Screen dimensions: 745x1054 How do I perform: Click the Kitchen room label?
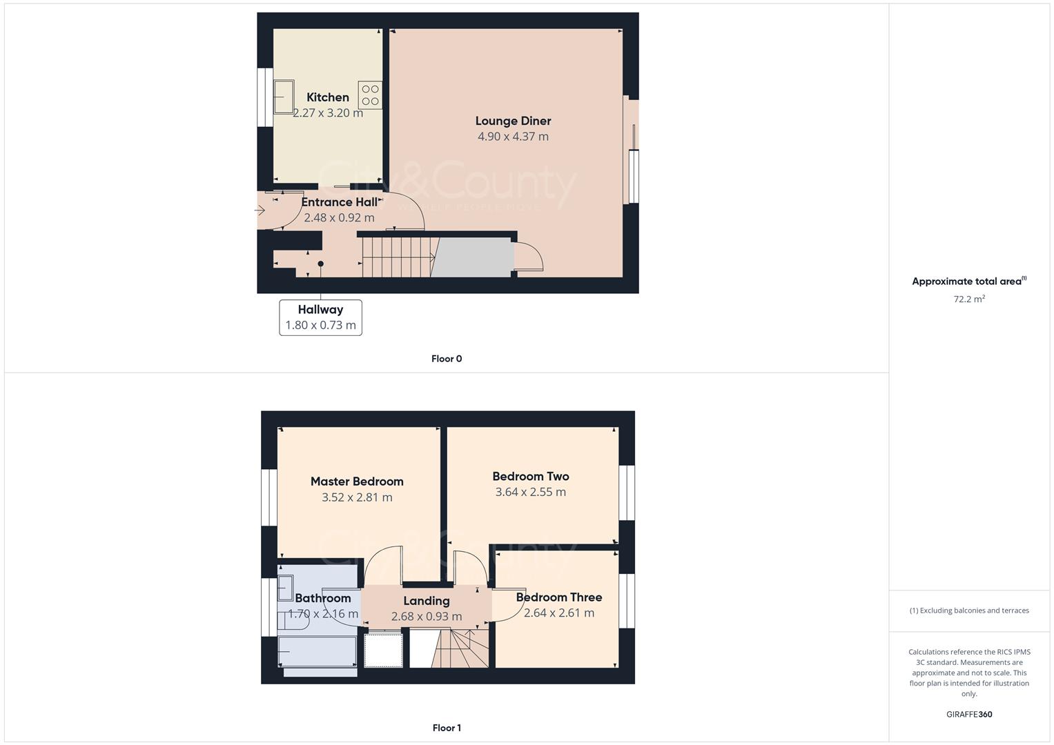tap(328, 97)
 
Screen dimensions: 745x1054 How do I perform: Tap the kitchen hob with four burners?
tap(370, 95)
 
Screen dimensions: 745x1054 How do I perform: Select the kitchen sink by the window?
tap(284, 97)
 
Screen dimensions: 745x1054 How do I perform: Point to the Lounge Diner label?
tap(513, 121)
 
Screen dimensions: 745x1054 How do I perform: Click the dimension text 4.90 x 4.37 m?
tap(513, 137)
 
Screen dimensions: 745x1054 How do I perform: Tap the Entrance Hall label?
tap(339, 202)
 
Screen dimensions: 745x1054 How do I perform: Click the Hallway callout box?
tap(320, 317)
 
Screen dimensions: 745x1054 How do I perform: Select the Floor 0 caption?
tap(447, 359)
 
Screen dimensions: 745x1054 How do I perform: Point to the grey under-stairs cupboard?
tap(474, 257)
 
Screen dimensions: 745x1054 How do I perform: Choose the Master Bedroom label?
tap(357, 481)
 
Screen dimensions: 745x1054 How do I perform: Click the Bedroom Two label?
tap(530, 476)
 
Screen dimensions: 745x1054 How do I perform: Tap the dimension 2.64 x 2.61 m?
tap(558, 613)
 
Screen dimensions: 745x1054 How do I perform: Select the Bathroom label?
tap(322, 598)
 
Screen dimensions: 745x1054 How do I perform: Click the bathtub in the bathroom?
tap(318, 652)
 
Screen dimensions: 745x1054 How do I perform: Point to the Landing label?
tap(427, 601)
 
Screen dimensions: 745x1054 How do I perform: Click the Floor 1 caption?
tap(447, 728)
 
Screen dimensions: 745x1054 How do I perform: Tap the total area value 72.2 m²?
tap(969, 299)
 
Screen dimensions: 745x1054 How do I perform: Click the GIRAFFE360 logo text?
tap(969, 715)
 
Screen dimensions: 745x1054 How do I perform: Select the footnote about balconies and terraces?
tap(969, 610)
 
